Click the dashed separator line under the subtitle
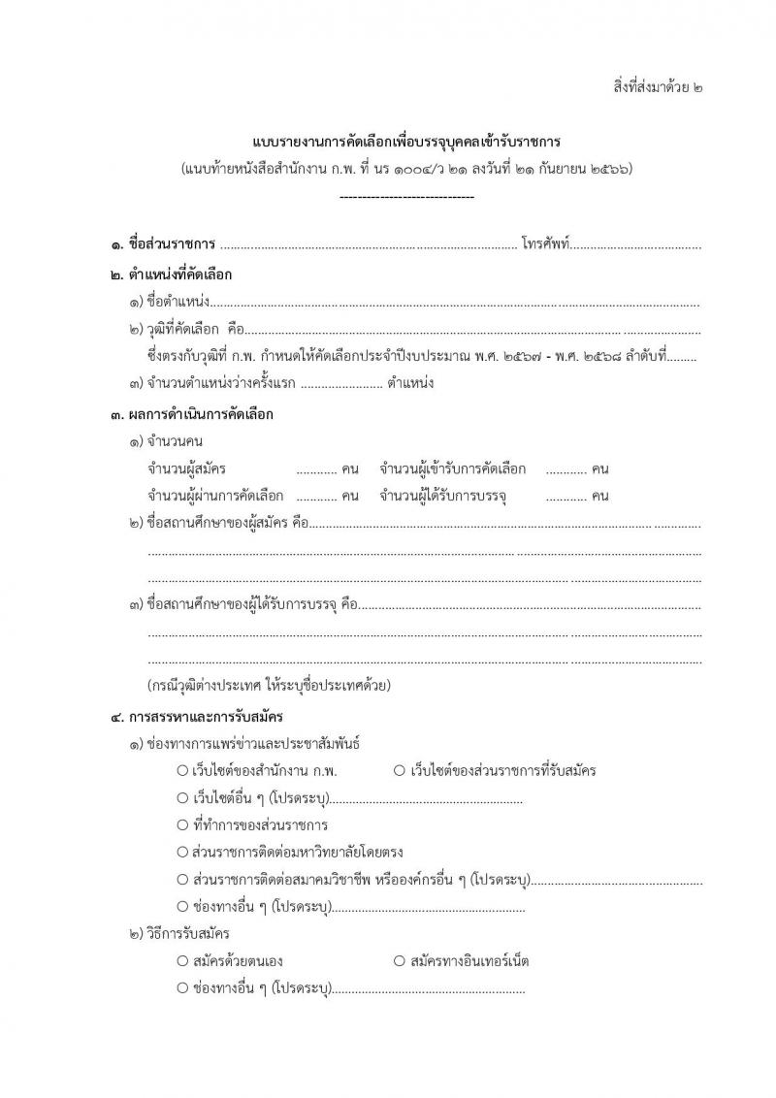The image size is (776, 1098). tap(406, 197)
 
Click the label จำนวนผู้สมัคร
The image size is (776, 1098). tap(187, 469)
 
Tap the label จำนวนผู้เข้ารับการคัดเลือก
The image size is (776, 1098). tap(453, 469)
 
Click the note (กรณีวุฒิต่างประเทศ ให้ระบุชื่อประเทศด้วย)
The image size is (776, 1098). tap(269, 686)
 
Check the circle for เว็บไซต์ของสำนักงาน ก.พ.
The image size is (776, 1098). tap(182, 771)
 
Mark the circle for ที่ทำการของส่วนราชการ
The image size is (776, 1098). tap(182, 825)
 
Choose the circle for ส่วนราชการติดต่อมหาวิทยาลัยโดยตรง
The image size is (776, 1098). tap(182, 853)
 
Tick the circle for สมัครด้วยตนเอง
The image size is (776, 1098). tap(182, 961)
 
